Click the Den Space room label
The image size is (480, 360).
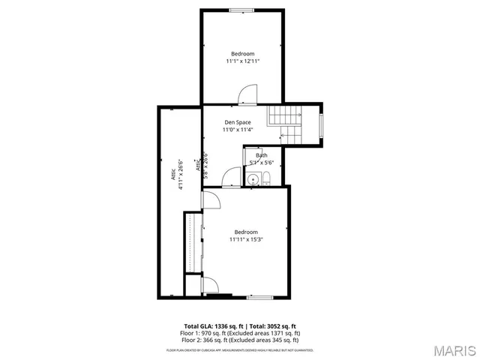tap(238, 122)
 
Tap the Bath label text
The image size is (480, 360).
tap(261, 155)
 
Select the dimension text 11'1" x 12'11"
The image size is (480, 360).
tap(242, 61)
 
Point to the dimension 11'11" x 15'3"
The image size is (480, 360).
tap(246, 239)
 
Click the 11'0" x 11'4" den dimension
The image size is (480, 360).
tap(238, 130)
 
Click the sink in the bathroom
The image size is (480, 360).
tap(253, 179)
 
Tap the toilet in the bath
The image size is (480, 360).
tap(265, 178)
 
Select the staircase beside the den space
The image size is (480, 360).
tap(288, 123)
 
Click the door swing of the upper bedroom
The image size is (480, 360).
tap(247, 94)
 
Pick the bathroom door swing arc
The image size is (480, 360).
tap(231, 178)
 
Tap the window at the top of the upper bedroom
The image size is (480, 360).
tap(241, 10)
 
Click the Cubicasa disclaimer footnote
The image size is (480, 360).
tap(240, 349)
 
